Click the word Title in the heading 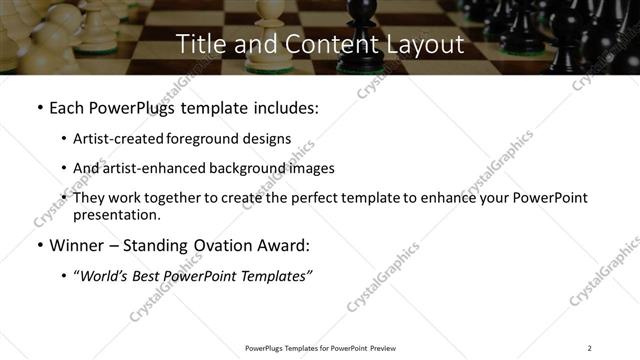coord(199,44)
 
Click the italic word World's coord(105,276)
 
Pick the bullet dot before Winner coord(38,246)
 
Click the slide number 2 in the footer coord(589,348)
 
